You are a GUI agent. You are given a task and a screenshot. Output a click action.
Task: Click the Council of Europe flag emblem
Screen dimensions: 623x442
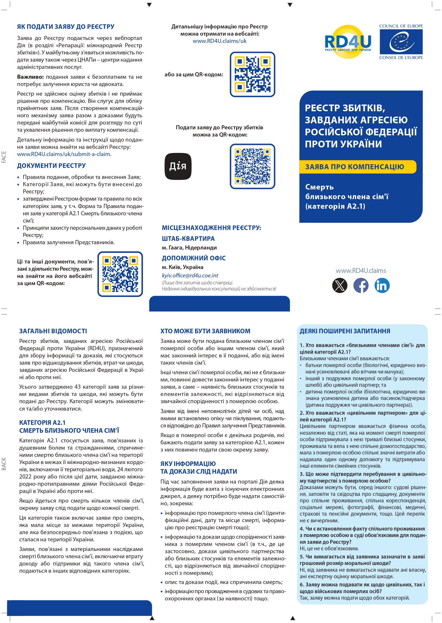click(x=401, y=42)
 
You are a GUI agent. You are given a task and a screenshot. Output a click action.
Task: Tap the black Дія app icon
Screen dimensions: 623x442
click(x=178, y=166)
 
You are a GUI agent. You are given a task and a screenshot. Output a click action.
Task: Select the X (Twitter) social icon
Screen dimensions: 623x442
click(x=340, y=285)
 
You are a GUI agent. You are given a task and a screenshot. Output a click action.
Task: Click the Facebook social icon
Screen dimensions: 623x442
click(x=361, y=285)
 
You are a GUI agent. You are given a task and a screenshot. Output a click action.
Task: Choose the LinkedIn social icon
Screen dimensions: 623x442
click(x=382, y=285)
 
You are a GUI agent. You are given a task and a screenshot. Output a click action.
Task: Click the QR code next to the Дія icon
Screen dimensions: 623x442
click(x=252, y=166)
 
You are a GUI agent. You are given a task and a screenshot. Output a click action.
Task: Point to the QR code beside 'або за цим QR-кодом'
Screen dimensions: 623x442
click(x=252, y=74)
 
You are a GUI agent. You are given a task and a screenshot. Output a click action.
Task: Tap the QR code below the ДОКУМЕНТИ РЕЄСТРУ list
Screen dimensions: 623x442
click(x=120, y=274)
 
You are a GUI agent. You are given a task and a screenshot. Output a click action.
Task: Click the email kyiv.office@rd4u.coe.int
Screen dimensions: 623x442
click(x=190, y=275)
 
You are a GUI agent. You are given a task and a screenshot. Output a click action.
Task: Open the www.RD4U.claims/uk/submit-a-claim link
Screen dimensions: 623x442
click(x=64, y=154)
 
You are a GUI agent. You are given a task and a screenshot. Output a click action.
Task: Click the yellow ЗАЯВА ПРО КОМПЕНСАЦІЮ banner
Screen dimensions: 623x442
click(x=358, y=167)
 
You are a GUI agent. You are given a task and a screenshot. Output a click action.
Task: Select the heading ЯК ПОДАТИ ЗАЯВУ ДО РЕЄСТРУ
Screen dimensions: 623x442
click(x=66, y=27)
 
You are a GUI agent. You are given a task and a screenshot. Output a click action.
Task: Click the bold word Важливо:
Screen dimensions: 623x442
click(x=30, y=77)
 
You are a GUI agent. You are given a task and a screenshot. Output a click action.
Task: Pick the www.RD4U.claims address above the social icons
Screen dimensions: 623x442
click(x=361, y=270)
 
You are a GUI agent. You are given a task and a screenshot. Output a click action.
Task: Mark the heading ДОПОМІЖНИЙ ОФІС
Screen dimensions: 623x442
click(x=193, y=258)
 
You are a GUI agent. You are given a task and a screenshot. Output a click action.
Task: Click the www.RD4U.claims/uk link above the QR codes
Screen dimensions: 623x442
click(x=219, y=41)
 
